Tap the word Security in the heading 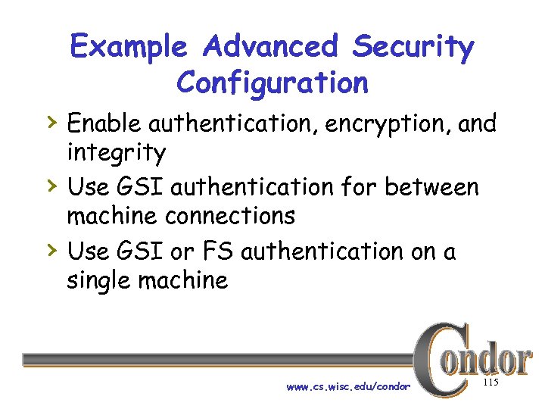pos(413,48)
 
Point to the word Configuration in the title pos(272,82)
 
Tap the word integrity pos(116,154)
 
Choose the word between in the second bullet pos(432,186)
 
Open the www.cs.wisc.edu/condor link pos(348,387)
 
